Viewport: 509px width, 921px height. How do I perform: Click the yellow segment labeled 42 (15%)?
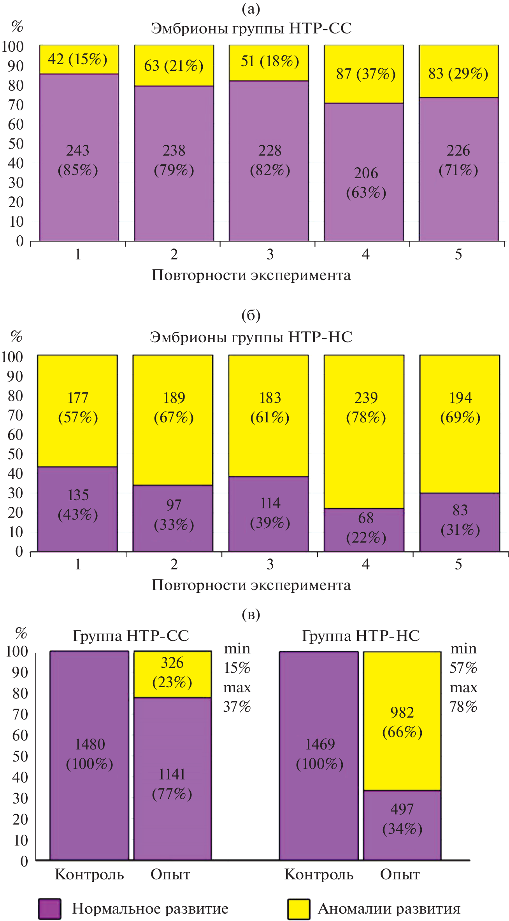(x=79, y=60)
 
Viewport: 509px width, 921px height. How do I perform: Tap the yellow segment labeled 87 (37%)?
(x=364, y=74)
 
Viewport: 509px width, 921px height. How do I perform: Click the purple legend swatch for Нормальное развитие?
(x=50, y=909)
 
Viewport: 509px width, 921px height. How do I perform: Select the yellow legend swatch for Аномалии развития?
(x=298, y=909)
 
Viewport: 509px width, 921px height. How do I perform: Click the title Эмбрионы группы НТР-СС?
(x=251, y=28)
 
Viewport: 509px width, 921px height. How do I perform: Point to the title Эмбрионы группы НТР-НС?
(x=251, y=337)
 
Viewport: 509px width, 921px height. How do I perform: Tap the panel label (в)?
(x=251, y=614)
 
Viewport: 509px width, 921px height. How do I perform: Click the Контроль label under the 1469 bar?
(x=319, y=875)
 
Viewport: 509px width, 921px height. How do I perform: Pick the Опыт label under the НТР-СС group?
(x=170, y=875)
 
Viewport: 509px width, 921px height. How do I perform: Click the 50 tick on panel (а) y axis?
(x=16, y=144)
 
